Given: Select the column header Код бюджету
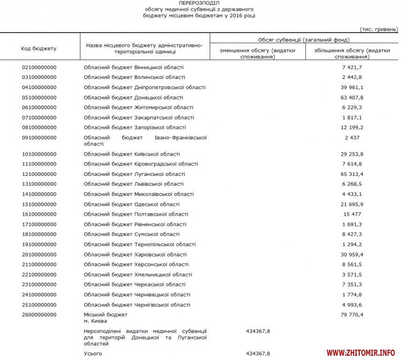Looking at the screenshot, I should pyautogui.click(x=39, y=49).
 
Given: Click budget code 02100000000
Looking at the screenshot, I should pyautogui.click(x=39, y=67).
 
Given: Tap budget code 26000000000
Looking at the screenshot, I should pyautogui.click(x=39, y=315).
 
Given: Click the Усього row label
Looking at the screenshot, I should pyautogui.click(x=93, y=353).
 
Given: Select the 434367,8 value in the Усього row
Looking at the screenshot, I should pyautogui.click(x=258, y=353).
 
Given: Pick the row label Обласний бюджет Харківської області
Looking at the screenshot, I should pyautogui.click(x=135, y=255).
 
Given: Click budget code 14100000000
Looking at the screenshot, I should pyautogui.click(x=39, y=194).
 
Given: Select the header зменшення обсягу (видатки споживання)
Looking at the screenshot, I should pyautogui.click(x=258, y=53).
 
